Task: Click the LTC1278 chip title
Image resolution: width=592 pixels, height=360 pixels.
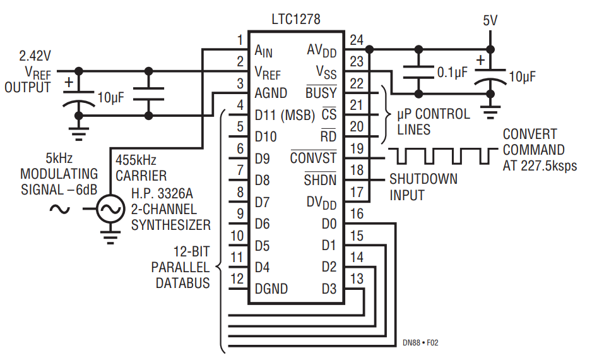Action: click(x=295, y=19)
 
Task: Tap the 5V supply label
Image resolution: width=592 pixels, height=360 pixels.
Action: click(x=490, y=20)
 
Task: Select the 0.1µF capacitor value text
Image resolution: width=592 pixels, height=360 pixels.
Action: click(x=452, y=72)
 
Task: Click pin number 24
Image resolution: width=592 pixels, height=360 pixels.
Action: click(x=357, y=40)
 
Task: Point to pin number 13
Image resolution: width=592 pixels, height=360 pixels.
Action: click(x=357, y=279)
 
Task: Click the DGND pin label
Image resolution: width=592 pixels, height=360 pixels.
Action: click(x=271, y=289)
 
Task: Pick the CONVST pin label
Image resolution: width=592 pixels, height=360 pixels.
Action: click(x=314, y=158)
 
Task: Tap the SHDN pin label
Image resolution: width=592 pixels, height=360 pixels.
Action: click(x=320, y=180)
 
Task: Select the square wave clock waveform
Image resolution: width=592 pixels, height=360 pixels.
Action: click(x=442, y=155)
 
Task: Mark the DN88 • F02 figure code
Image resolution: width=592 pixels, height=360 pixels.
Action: click(x=420, y=344)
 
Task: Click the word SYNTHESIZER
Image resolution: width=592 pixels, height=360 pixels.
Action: click(x=171, y=225)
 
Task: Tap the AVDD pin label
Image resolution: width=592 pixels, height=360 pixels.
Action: click(x=322, y=50)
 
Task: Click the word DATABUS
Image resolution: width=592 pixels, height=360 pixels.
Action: click(x=183, y=283)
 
